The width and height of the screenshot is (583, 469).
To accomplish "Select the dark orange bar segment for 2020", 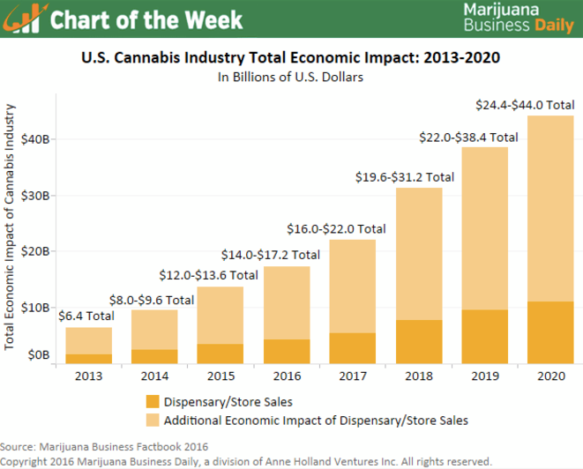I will [550, 331].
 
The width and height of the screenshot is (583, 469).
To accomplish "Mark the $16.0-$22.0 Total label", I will [336, 228].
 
